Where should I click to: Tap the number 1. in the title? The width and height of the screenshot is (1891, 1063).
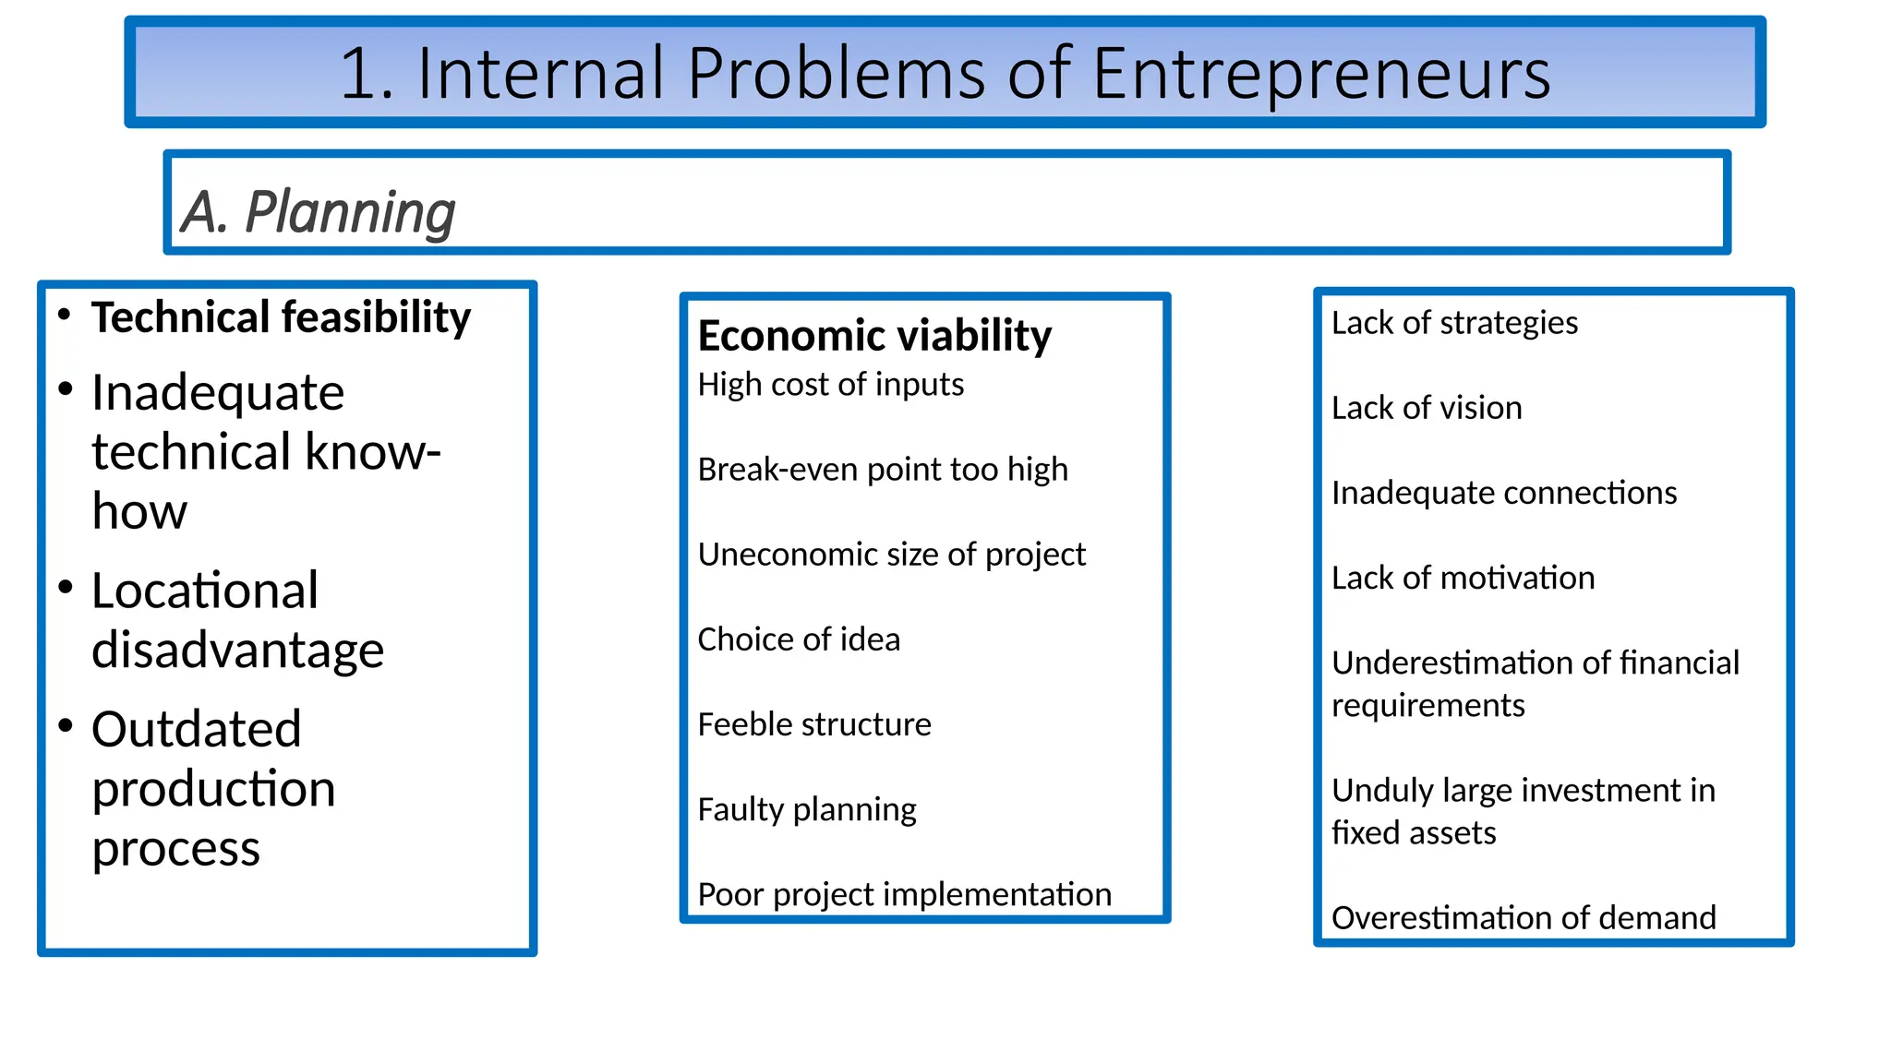(367, 74)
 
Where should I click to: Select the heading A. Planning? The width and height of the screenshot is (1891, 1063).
(318, 212)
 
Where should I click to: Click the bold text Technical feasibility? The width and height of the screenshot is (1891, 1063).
(281, 317)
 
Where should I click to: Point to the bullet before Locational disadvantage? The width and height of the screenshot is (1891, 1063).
(65, 587)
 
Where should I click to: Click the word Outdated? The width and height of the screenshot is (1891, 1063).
(197, 729)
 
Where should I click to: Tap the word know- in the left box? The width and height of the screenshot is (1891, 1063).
(372, 452)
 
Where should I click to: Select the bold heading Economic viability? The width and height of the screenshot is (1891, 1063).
(873, 335)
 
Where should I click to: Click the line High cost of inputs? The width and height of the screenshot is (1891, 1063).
(830, 384)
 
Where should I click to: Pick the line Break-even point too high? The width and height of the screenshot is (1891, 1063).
(882, 470)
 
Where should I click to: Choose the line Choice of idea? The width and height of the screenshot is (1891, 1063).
(798, 639)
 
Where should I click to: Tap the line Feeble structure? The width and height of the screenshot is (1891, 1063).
(813, 724)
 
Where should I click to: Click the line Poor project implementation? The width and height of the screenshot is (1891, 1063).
(904, 894)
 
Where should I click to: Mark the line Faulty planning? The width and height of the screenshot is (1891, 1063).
(806, 809)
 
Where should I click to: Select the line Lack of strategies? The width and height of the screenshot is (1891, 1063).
(1454, 323)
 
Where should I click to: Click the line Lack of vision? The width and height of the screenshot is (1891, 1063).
(1427, 408)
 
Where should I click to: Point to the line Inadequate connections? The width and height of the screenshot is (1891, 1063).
(1503, 493)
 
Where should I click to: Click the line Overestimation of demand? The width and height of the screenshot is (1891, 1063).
(1524, 917)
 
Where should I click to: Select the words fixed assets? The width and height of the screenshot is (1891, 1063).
(1413, 833)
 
